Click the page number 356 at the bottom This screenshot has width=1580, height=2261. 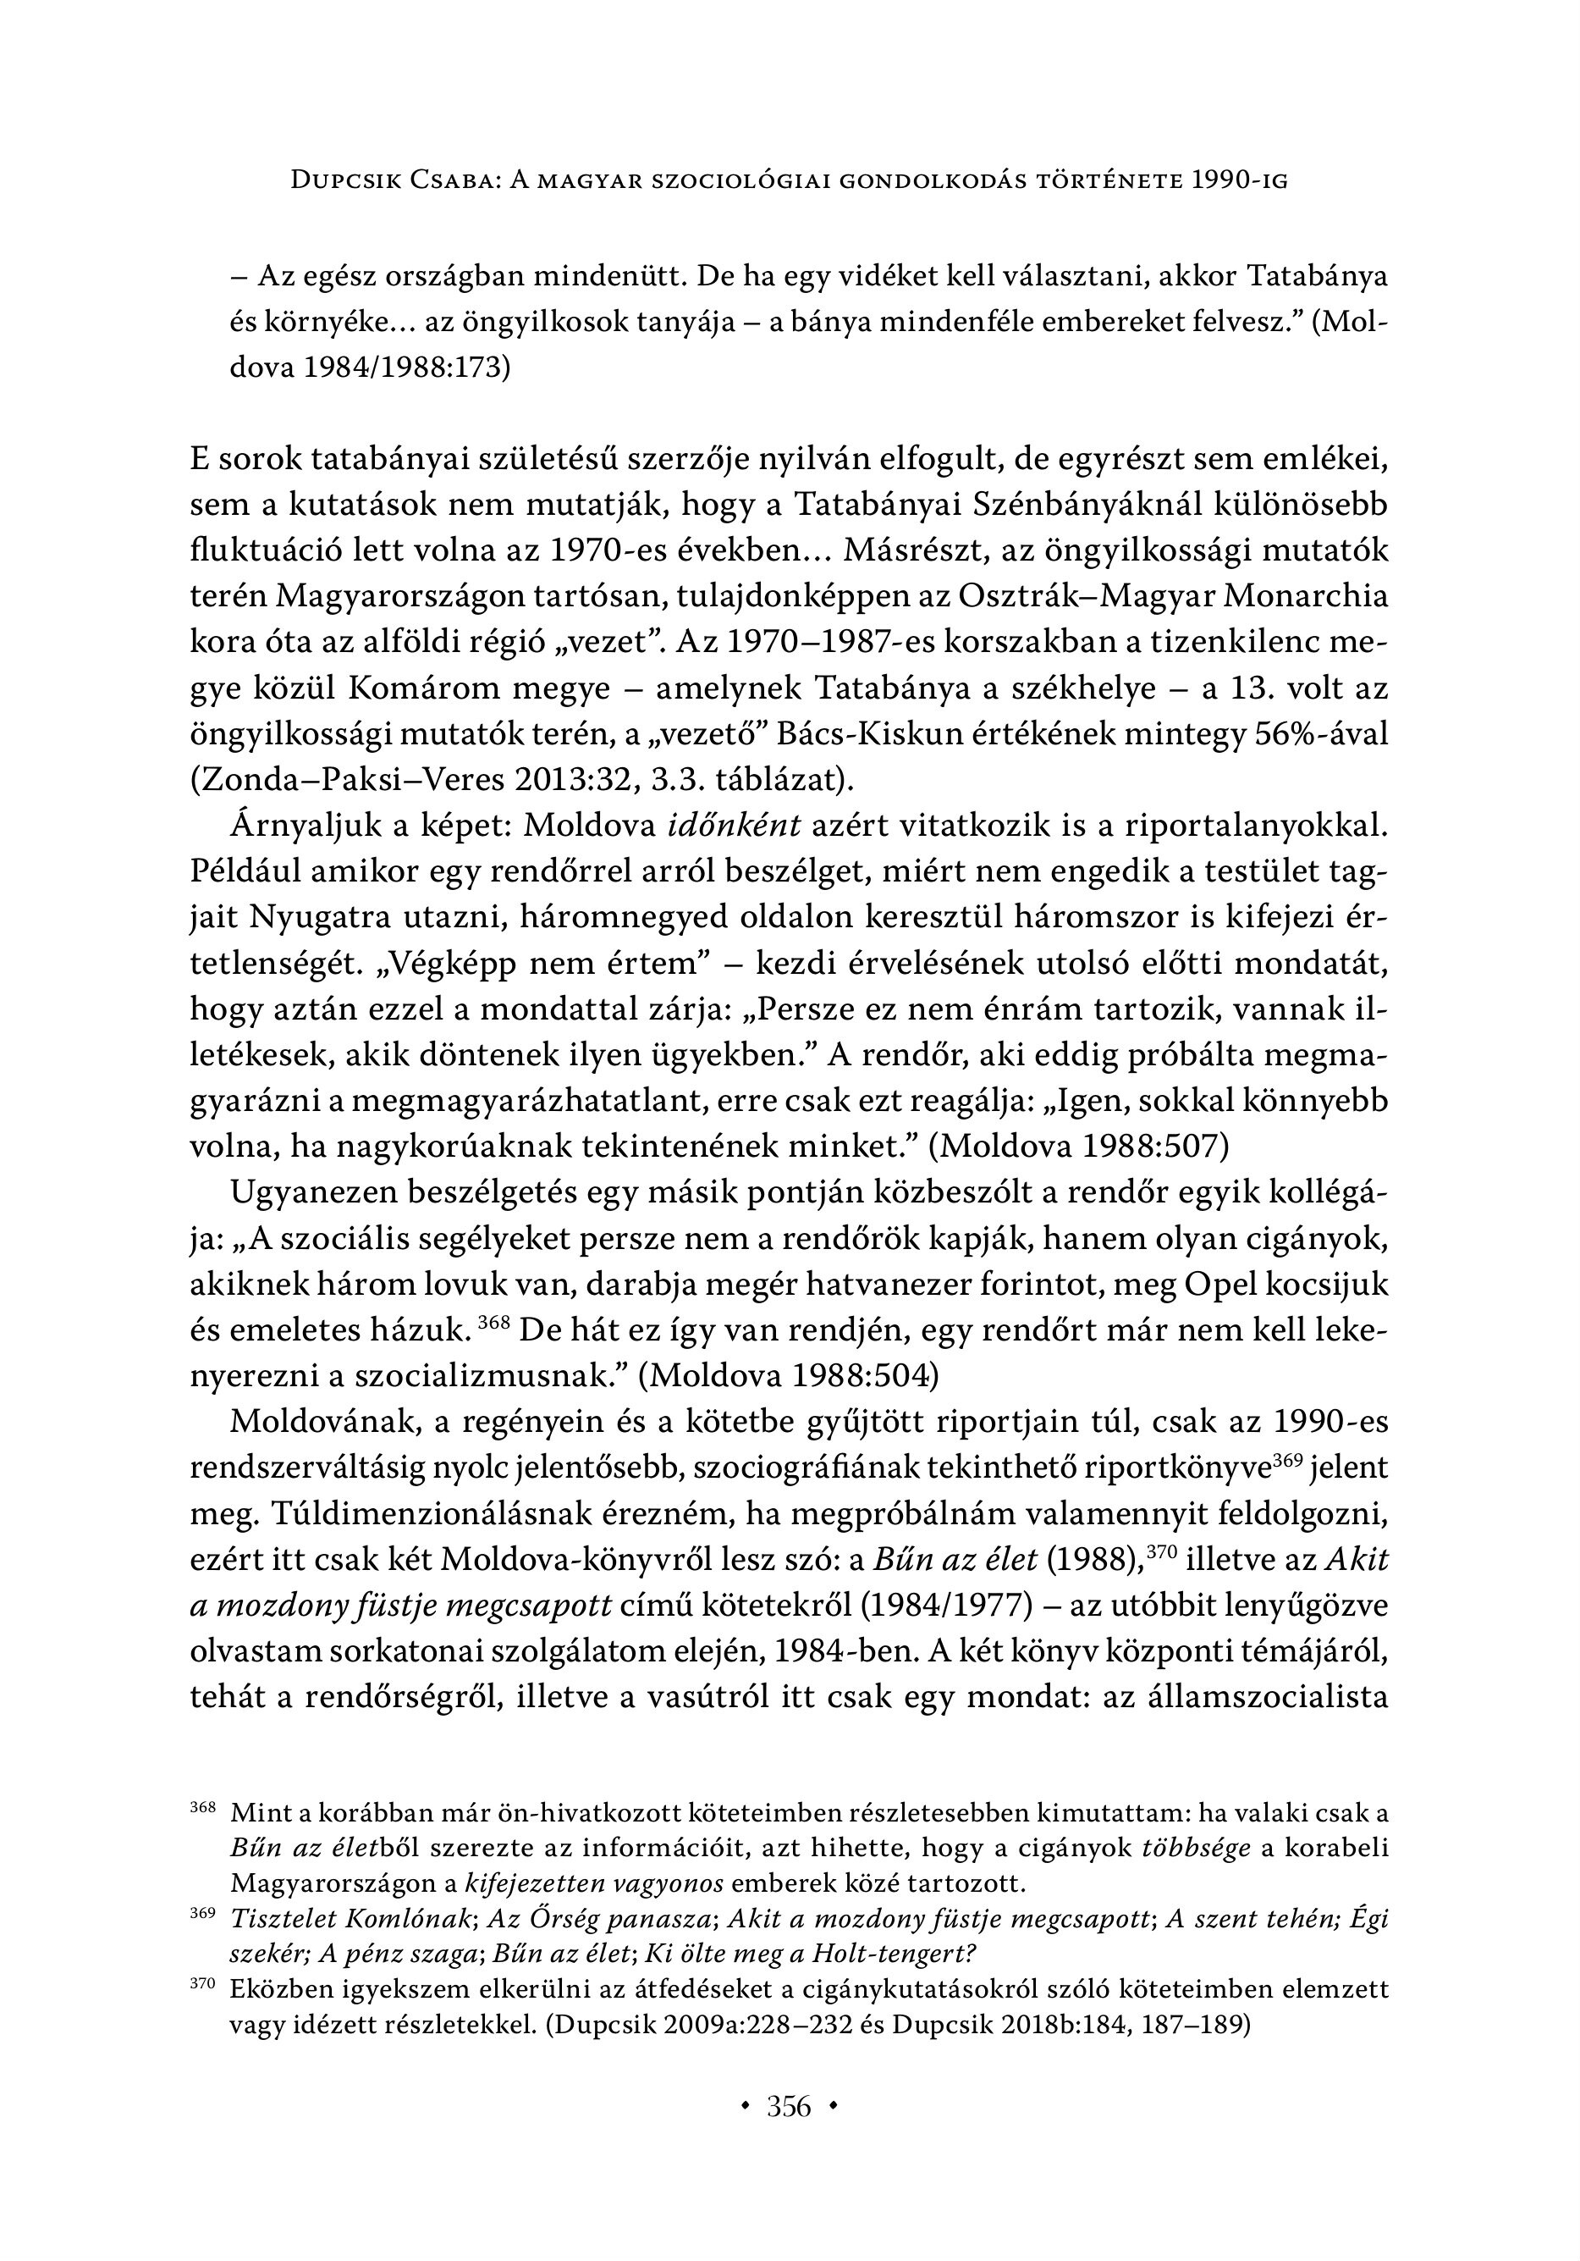(x=789, y=2106)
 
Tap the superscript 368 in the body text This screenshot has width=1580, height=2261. (x=493, y=1323)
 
